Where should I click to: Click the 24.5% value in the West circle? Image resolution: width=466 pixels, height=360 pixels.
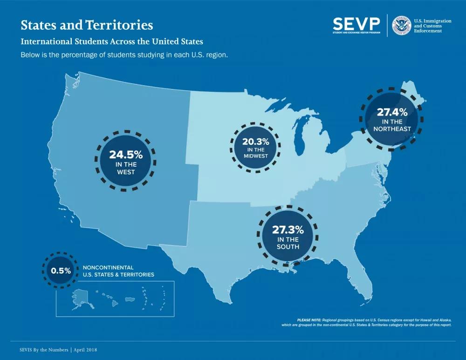tap(126, 154)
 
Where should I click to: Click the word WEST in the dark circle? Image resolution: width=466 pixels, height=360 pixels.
tap(126, 172)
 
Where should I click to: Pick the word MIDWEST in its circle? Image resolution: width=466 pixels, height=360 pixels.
tap(255, 156)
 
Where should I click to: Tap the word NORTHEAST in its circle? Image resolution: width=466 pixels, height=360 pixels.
tap(392, 129)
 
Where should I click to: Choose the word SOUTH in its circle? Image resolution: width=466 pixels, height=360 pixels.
tap(288, 246)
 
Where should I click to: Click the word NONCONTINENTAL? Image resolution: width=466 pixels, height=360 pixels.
tap(108, 268)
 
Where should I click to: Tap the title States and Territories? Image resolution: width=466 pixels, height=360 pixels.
tap(87, 25)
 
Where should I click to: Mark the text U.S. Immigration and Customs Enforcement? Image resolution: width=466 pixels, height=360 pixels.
tap(433, 26)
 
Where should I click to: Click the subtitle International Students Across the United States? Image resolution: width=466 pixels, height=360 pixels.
tap(112, 41)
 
